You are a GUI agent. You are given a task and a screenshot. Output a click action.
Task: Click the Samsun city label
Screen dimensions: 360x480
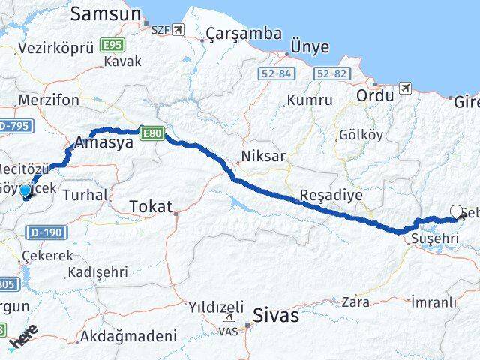pyautogui.click(x=106, y=13)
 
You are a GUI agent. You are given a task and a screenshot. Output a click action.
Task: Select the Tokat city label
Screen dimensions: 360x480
pyautogui.click(x=150, y=206)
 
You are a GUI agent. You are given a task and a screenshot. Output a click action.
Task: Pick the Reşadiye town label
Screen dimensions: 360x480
pyautogui.click(x=331, y=195)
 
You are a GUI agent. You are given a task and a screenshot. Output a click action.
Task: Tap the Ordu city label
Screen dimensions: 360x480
pyautogui.click(x=375, y=96)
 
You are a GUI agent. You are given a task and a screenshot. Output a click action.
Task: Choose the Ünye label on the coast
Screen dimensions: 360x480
pyautogui.click(x=310, y=46)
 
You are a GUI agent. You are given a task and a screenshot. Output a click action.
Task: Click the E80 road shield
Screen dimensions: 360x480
pyautogui.click(x=151, y=132)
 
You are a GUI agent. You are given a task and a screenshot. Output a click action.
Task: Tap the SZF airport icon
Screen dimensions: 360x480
pyautogui.click(x=178, y=29)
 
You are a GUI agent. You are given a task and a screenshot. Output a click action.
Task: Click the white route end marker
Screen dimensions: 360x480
pyautogui.click(x=457, y=212)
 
